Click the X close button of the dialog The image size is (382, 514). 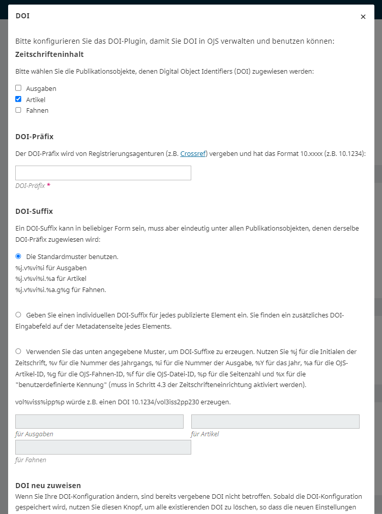(x=363, y=17)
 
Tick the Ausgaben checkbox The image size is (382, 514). (x=18, y=88)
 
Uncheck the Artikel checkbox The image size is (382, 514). (x=18, y=99)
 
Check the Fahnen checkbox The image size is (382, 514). (x=18, y=110)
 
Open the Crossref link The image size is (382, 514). (x=193, y=153)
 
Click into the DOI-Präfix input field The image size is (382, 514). (x=103, y=173)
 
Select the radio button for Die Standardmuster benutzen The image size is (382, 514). (x=18, y=256)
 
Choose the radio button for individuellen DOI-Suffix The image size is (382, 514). (x=18, y=315)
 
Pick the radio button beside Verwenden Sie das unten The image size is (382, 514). (x=18, y=351)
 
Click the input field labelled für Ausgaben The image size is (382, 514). (x=99, y=422)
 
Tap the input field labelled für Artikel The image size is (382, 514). (x=275, y=422)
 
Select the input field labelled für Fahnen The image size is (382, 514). (x=103, y=447)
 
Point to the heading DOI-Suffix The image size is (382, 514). (x=34, y=211)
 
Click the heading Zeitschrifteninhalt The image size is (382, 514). (x=49, y=54)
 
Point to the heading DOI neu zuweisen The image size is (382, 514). (x=48, y=486)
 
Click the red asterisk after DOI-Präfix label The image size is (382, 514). (x=49, y=186)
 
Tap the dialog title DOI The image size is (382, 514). (x=22, y=16)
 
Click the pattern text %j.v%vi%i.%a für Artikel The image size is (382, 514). (x=51, y=279)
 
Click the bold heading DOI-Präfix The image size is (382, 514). (x=34, y=137)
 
